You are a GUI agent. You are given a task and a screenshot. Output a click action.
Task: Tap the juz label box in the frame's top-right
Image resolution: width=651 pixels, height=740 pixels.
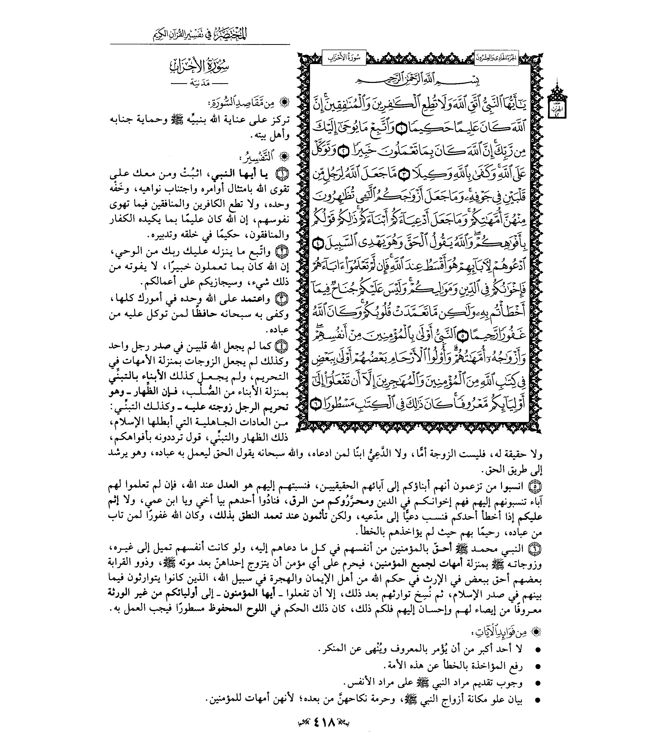496,57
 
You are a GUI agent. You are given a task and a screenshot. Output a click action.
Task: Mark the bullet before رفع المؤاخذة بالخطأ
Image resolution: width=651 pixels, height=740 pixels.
538,667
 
